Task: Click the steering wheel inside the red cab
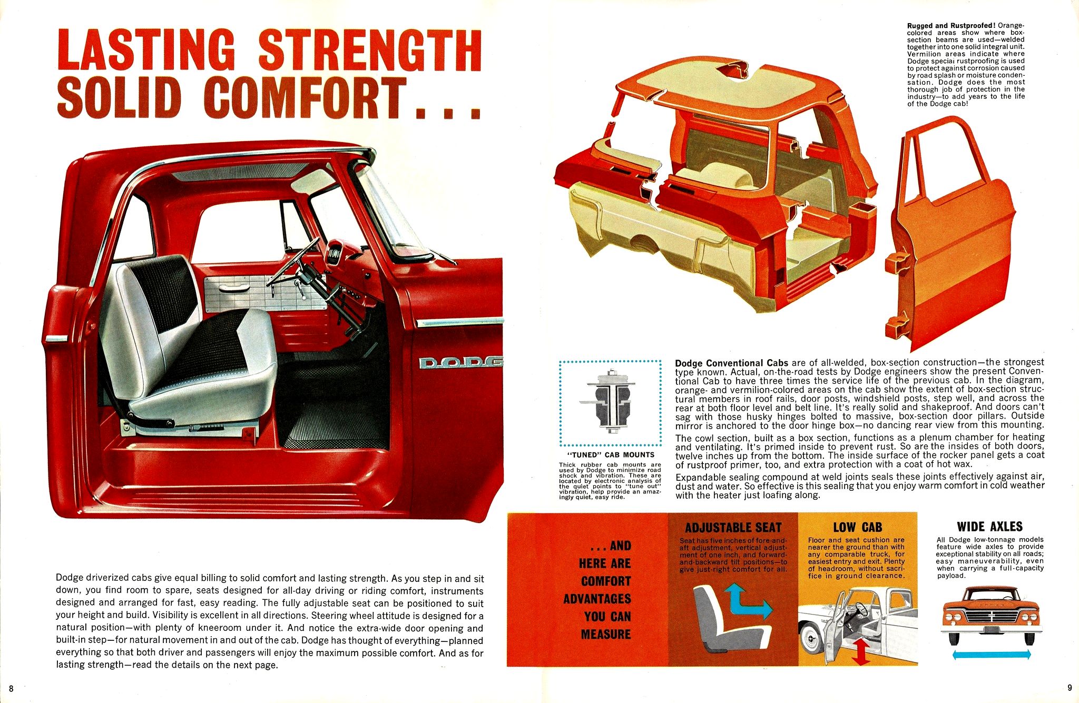tap(293, 262)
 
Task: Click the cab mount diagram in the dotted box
tap(610, 402)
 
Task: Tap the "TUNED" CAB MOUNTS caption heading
tap(610, 455)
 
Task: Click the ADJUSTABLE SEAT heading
tap(733, 528)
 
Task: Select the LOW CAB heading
tap(857, 527)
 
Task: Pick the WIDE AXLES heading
tap(990, 527)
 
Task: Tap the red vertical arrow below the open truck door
tap(860, 651)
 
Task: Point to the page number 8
tap(12, 688)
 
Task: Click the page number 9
tap(1070, 687)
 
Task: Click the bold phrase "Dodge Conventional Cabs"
tap(732, 363)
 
